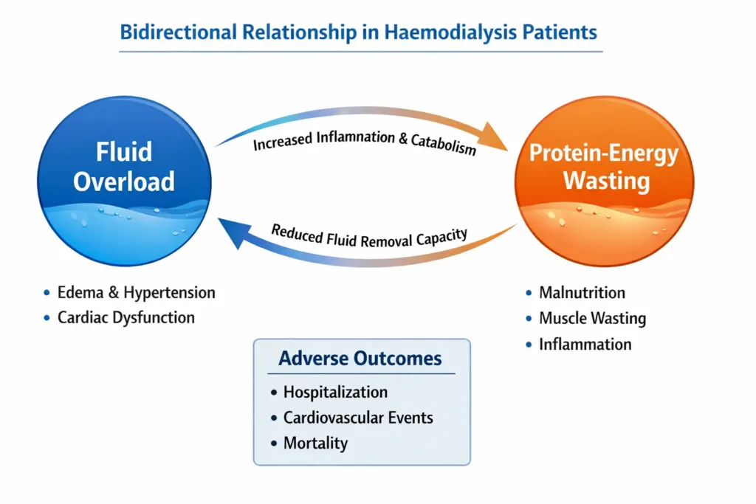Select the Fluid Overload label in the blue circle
124,166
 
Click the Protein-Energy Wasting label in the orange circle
604,167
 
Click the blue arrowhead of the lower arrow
230,230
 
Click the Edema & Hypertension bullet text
137,292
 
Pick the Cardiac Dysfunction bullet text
126,318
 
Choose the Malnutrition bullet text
582,292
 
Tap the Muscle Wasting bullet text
592,319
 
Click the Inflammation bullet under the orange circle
585,344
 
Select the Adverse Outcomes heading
360,359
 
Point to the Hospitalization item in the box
335,392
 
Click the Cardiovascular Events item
358,418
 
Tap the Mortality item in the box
315,443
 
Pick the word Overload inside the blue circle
124,181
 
